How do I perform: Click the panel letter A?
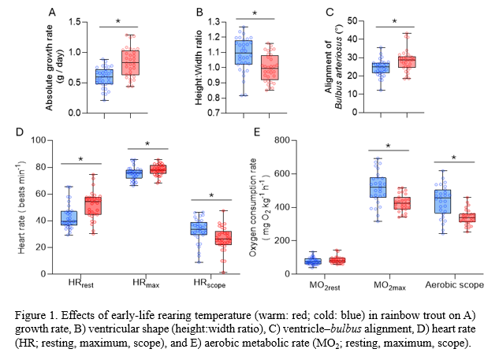(52, 12)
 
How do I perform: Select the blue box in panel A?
(104, 76)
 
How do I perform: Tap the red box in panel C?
(407, 61)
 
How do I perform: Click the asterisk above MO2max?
(389, 146)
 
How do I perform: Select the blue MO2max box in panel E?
(378, 188)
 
